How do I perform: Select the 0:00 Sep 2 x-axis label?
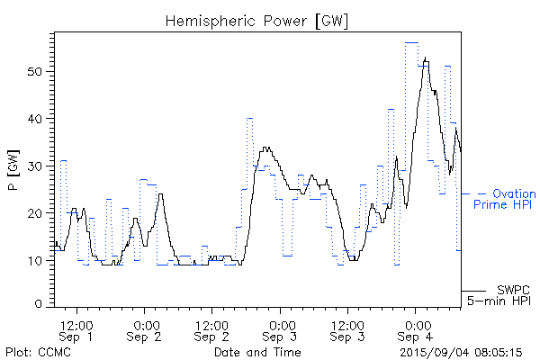(145, 329)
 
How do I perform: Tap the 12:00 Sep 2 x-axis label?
(212, 329)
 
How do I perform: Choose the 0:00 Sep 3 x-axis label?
(281, 329)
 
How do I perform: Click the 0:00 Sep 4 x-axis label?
(416, 329)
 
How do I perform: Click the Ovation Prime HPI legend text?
(503, 199)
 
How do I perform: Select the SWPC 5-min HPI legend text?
(500, 296)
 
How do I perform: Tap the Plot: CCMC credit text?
(38, 351)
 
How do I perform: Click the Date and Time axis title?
(257, 351)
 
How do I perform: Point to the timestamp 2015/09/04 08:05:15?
(462, 351)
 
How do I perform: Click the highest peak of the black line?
(425, 58)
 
